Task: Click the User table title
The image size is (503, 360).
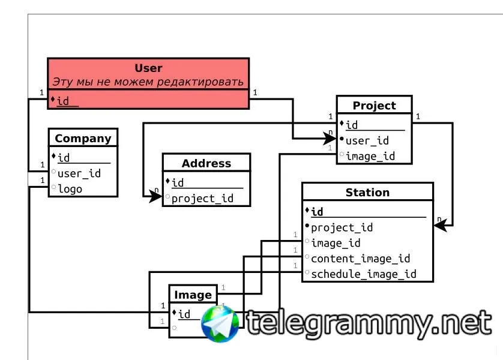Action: tap(148, 68)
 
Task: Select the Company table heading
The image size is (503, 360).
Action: tap(83, 139)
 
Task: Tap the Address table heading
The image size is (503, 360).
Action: tap(206, 163)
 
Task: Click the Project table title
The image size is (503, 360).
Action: tap(375, 106)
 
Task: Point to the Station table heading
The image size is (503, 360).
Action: tap(367, 193)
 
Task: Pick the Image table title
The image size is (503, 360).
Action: tap(193, 295)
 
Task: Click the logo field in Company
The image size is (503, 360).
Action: tap(70, 189)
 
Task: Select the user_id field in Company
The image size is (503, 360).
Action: tap(79, 173)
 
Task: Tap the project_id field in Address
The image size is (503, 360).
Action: tap(202, 199)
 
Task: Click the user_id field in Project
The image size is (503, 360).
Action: tap(367, 140)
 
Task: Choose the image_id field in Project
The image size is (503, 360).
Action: tap(370, 156)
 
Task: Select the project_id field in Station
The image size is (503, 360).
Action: tap(342, 227)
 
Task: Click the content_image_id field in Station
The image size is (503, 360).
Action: tap(361, 259)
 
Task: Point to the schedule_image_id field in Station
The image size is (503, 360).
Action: tap(364, 274)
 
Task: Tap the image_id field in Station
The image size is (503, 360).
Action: tap(336, 243)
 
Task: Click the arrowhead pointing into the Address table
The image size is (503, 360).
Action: tap(156, 196)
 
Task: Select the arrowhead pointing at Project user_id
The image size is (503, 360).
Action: tap(330, 139)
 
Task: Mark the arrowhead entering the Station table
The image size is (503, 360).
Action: tap(440, 226)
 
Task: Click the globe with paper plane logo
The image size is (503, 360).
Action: tap(220, 324)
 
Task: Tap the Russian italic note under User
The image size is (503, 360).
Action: tap(148, 82)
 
